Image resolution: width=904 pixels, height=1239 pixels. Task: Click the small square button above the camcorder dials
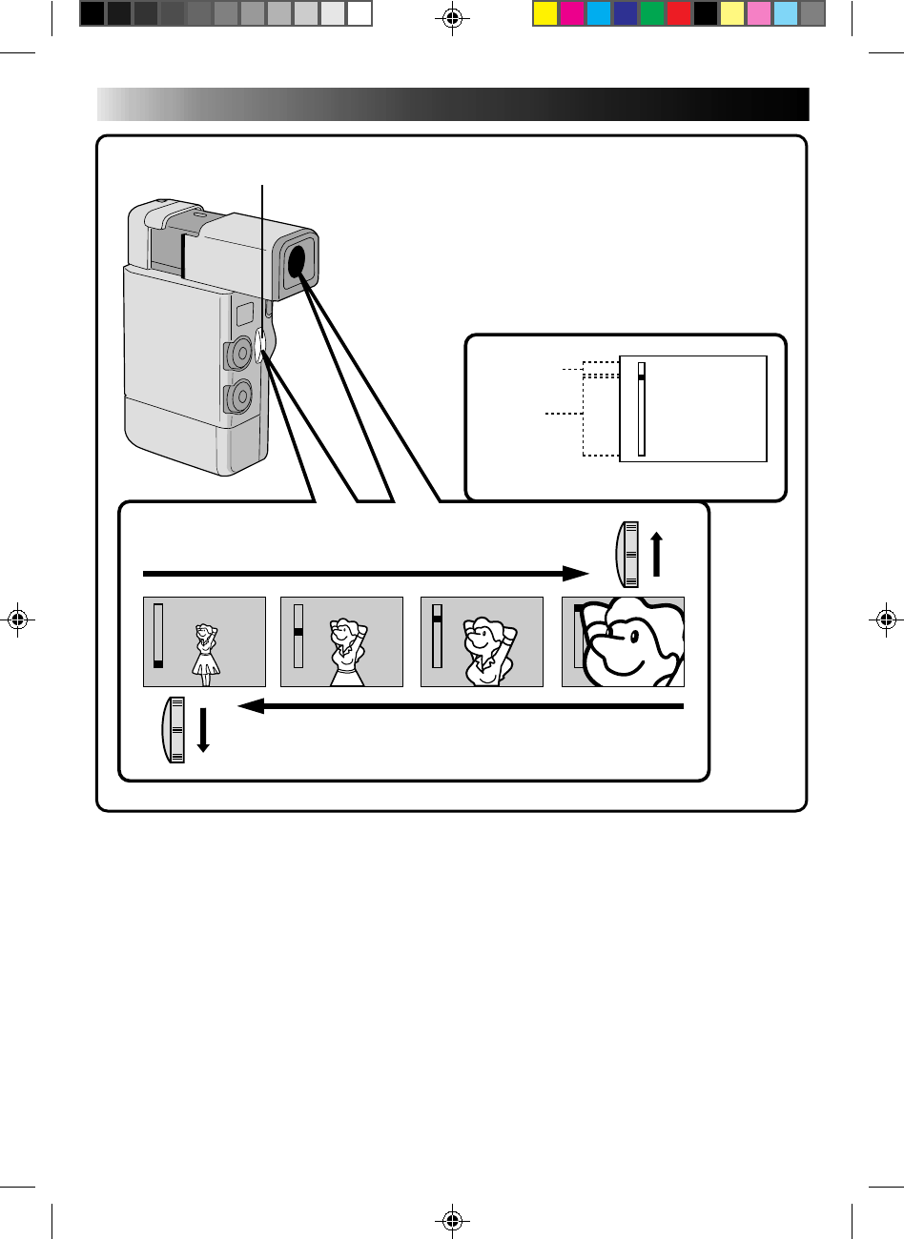click(x=243, y=310)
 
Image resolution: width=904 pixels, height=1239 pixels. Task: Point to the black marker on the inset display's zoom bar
click(x=642, y=378)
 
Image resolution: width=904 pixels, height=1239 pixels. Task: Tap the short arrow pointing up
click(x=656, y=555)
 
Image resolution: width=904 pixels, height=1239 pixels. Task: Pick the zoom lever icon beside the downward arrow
click(x=174, y=730)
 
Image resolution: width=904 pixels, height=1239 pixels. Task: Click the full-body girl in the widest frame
click(x=206, y=653)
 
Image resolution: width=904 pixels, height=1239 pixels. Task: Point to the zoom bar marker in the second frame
click(x=298, y=632)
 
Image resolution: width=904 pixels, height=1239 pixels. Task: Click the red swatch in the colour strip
click(x=678, y=13)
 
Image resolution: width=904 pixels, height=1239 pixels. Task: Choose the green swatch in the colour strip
click(x=651, y=13)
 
